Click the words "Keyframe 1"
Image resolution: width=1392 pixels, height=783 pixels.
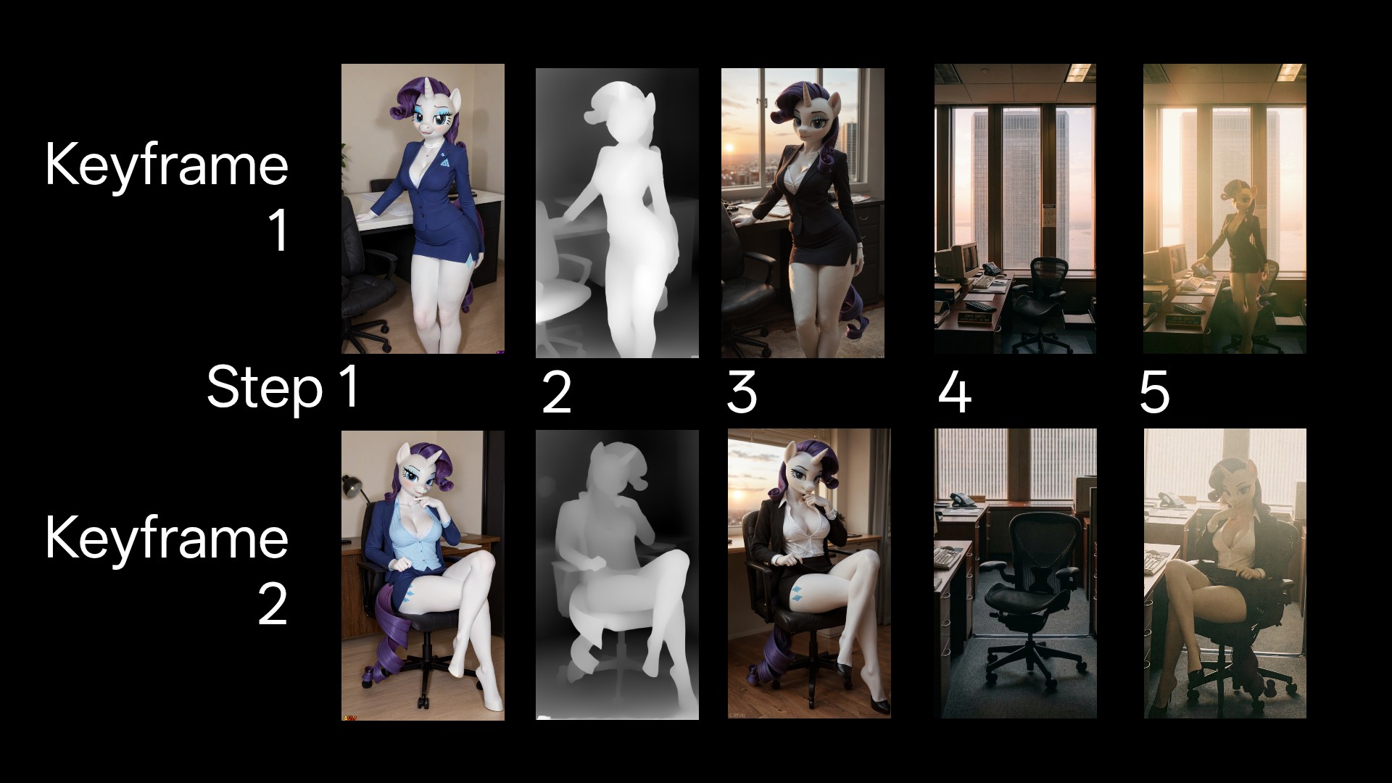click(167, 196)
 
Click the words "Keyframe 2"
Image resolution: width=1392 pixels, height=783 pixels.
click(167, 570)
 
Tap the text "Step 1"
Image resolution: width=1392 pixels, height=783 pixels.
click(283, 389)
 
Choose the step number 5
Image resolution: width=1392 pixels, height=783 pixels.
click(1154, 394)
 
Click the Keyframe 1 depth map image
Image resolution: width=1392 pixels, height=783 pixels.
click(617, 213)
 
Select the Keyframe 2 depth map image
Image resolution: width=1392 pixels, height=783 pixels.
click(617, 574)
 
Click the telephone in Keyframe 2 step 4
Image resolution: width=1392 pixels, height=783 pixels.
click(964, 500)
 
